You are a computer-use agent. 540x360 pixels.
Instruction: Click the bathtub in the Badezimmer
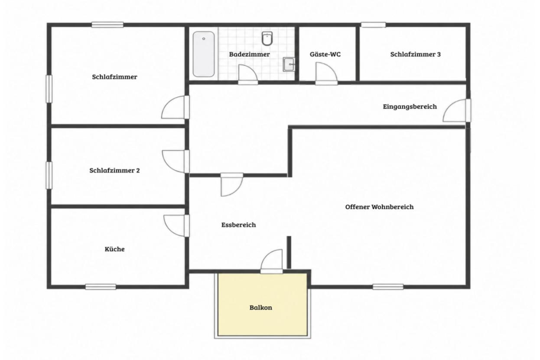tap(203, 54)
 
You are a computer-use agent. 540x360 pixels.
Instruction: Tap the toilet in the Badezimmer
tap(267, 38)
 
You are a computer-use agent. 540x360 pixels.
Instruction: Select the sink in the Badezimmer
tap(289, 64)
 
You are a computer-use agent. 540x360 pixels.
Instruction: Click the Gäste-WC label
tap(325, 54)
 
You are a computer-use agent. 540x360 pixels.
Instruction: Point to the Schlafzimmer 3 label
tap(415, 54)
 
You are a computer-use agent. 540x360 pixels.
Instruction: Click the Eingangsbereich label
tap(410, 106)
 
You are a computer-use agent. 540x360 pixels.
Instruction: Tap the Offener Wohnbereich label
tap(379, 207)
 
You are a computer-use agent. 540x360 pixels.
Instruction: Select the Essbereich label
tap(238, 225)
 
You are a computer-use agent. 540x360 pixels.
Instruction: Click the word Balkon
tap(260, 308)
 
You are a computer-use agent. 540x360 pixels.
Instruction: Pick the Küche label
tap(114, 249)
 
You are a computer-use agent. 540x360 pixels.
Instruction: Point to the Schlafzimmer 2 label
tap(114, 170)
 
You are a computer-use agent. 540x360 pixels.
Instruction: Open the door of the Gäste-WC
tap(326, 74)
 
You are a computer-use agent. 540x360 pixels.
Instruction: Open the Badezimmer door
tap(248, 75)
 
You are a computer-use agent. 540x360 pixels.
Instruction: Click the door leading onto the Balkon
tap(271, 262)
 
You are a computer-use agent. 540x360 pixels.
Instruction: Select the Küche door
tap(176, 226)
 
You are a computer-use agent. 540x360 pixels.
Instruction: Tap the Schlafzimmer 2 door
tap(176, 161)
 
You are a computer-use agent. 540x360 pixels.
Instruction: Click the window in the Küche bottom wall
tap(101, 287)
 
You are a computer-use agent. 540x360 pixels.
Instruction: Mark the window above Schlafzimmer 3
tap(373, 25)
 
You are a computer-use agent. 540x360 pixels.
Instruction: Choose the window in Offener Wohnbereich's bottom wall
tap(388, 287)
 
